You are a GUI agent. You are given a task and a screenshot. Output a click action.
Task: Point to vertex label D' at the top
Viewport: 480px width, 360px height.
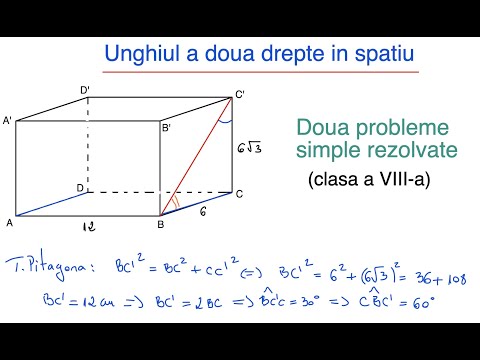click(86, 90)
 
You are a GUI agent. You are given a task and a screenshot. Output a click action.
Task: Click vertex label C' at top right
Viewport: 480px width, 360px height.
click(240, 94)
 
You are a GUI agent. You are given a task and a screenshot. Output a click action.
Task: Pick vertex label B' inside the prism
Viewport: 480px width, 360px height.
click(166, 128)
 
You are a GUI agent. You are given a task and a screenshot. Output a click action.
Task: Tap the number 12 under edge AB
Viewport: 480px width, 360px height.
click(89, 229)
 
